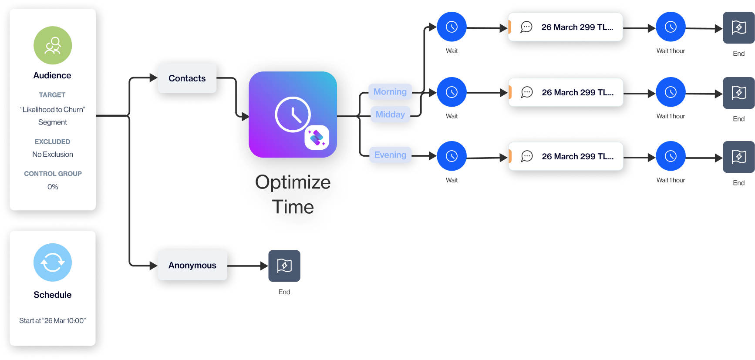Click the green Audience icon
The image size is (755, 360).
(x=53, y=45)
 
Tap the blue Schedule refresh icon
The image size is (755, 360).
(x=53, y=262)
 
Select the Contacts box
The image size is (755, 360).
(x=187, y=78)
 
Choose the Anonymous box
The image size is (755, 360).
(x=192, y=265)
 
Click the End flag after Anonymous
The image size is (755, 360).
(x=284, y=266)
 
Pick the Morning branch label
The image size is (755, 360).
(x=390, y=92)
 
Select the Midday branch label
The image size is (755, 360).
(x=390, y=114)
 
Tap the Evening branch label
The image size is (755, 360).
(x=390, y=155)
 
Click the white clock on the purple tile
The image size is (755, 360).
(x=293, y=114)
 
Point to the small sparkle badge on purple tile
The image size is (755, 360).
(x=317, y=138)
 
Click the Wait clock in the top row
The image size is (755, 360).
(x=452, y=27)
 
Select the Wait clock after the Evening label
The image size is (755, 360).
(x=452, y=156)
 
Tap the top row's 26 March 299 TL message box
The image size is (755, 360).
(x=566, y=27)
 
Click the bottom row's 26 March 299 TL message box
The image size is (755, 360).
(x=566, y=156)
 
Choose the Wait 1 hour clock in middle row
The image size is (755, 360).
(x=671, y=92)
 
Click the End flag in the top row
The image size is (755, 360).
(x=739, y=28)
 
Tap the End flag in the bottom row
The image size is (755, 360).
(x=739, y=157)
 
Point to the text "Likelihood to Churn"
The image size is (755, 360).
(x=53, y=110)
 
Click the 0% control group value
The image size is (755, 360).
(x=53, y=187)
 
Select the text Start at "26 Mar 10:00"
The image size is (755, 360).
(x=53, y=321)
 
